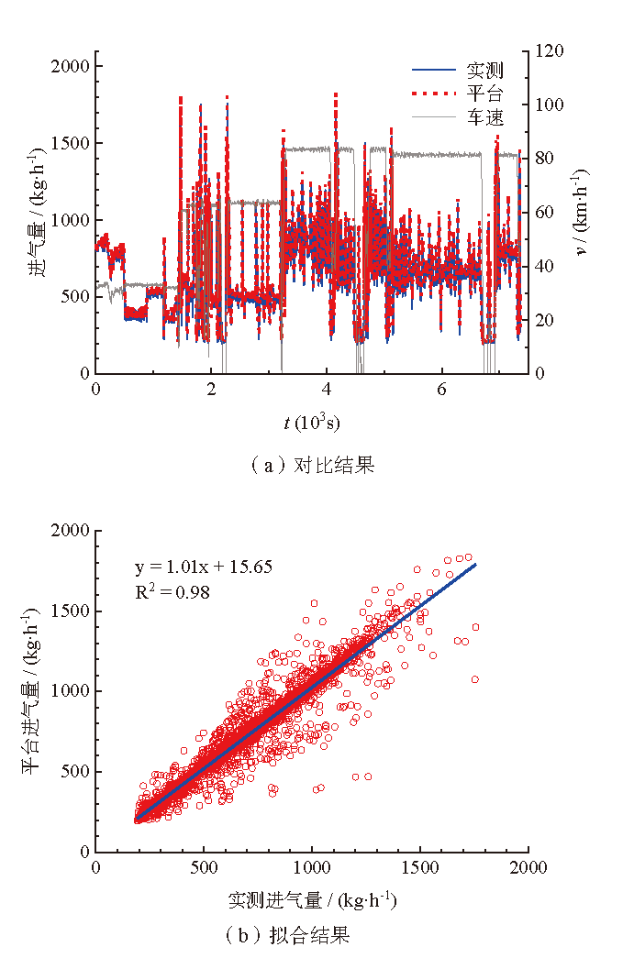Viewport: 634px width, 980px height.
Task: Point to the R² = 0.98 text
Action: (172, 592)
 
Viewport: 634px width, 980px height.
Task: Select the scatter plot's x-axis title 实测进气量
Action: (312, 900)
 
